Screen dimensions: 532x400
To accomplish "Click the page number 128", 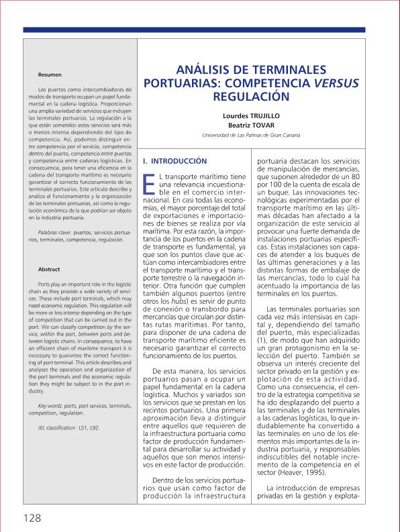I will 28,518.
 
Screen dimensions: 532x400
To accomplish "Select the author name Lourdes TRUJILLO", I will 252,115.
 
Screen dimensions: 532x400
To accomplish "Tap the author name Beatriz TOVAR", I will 252,125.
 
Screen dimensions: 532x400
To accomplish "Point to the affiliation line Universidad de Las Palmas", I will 252,136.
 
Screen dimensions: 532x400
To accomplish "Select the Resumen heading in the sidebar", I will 50,73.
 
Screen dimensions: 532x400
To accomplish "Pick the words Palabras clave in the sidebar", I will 55,231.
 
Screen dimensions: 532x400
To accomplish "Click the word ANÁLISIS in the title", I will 206,70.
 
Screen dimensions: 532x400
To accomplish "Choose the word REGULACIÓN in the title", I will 253,97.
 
